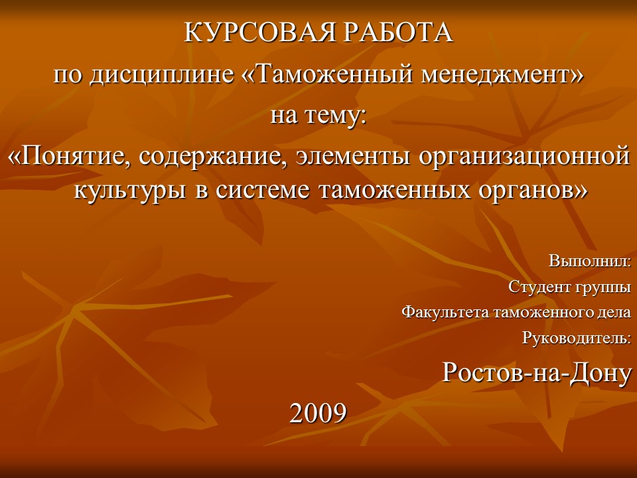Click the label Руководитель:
[576, 338]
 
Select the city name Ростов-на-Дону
[536, 373]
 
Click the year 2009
[318, 413]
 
